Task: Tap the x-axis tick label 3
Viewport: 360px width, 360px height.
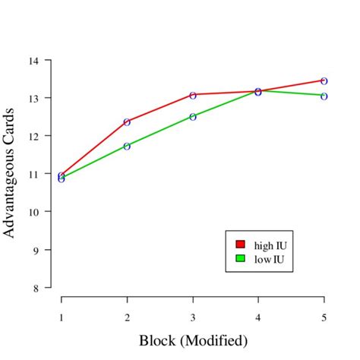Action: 193,316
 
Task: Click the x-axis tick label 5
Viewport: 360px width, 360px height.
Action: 324,316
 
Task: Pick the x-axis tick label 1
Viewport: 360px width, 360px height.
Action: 62,316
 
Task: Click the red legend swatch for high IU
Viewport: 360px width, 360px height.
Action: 241,245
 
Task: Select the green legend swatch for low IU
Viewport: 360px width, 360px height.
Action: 241,258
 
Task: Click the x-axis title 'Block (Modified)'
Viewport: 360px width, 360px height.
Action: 193,339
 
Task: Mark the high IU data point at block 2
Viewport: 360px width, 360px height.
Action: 127,122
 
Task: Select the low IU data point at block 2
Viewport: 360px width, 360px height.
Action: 127,146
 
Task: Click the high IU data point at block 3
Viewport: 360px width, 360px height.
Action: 193,95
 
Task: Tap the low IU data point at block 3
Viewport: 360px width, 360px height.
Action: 193,117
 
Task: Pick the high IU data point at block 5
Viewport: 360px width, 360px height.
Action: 324,81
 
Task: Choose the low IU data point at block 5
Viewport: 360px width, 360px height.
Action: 324,96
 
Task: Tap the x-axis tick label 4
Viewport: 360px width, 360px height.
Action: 258,316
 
